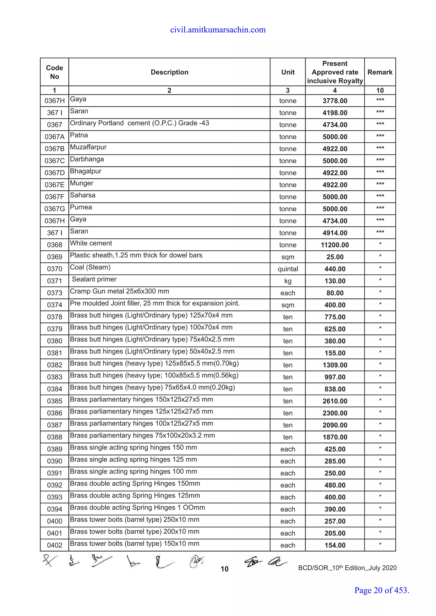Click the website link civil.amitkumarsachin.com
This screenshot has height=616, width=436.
tap(218, 30)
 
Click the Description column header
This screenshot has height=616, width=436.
tap(169, 72)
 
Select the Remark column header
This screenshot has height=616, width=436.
tap(380, 72)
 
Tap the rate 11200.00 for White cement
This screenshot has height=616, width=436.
tap(335, 245)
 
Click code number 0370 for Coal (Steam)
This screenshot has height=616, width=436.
tap(54, 269)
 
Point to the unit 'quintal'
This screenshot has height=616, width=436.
tap(288, 269)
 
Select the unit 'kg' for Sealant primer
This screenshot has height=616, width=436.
tap(288, 281)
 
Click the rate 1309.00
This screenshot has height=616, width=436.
tap(335, 365)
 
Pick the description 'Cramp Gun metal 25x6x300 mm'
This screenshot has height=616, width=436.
tap(119, 291)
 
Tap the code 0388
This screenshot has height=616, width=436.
tap(54, 437)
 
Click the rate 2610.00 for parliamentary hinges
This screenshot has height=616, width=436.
tap(335, 401)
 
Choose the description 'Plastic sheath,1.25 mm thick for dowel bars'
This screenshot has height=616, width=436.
tap(136, 255)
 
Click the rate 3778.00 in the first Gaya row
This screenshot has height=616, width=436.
tap(335, 101)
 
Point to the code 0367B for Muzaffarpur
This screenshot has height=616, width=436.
tap(54, 149)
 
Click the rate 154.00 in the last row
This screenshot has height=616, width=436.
tap(335, 545)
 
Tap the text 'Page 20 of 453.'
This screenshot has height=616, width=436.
tap(381, 590)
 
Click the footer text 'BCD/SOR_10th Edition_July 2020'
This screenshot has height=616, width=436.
tap(347, 568)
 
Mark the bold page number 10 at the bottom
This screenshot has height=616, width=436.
tap(224, 569)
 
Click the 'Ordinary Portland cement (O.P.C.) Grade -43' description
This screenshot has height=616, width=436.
tap(139, 123)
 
